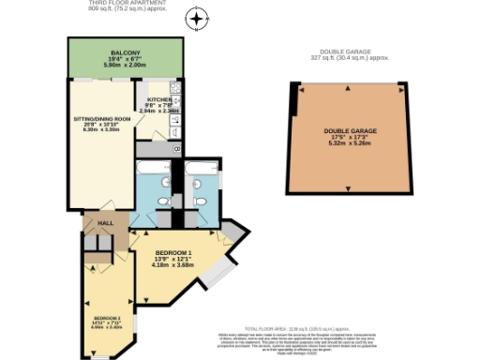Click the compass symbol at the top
(x=196, y=18)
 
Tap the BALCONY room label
(x=126, y=52)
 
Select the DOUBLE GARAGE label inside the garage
(x=348, y=130)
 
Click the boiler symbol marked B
(x=176, y=148)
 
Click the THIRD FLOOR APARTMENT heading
(x=126, y=5)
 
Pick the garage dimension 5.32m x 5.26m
(x=348, y=144)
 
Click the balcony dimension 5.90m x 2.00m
(x=126, y=66)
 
